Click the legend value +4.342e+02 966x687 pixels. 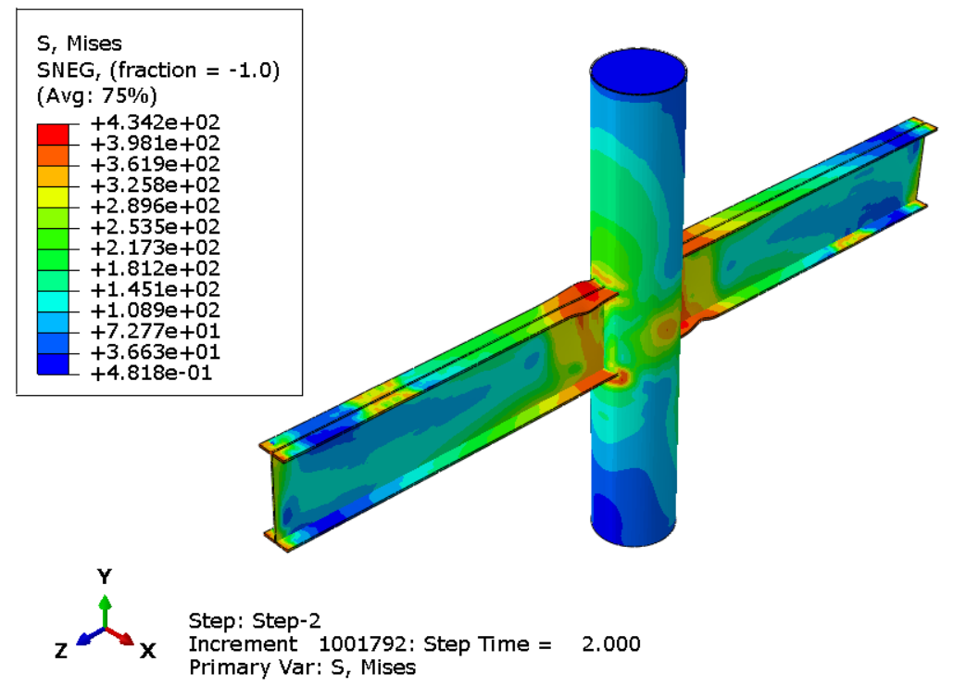156,122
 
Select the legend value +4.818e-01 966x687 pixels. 152,373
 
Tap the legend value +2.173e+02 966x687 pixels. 156,248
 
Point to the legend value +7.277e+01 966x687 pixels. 156,331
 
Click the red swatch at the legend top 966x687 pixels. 53,134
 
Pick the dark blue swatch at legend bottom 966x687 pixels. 53,363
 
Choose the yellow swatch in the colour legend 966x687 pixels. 53,197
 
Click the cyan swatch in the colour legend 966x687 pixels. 53,301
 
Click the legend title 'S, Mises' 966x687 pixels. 80,44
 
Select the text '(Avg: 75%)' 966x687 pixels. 97,95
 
